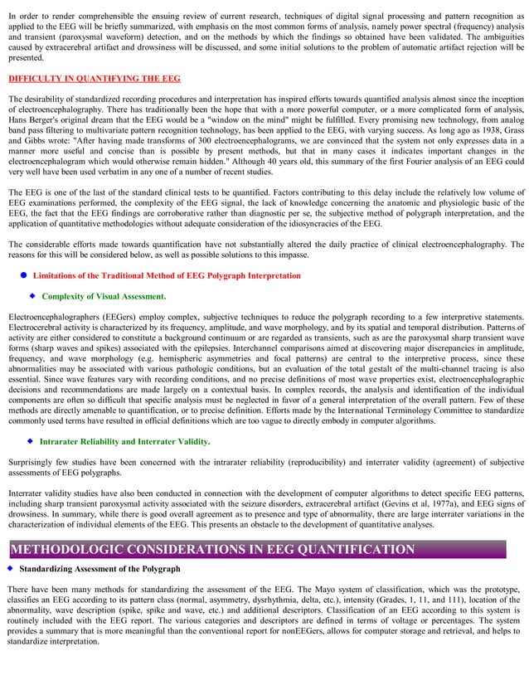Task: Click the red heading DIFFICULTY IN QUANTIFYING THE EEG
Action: [x=94, y=79]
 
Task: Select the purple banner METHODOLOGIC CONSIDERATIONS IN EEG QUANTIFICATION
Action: [x=211, y=549]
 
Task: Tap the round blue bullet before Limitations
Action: [x=24, y=274]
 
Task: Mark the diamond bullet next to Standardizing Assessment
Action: [x=10, y=568]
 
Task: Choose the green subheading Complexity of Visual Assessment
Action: [x=104, y=296]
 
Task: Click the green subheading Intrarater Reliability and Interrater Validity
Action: [x=124, y=441]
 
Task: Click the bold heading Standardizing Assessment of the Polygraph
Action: [x=99, y=569]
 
